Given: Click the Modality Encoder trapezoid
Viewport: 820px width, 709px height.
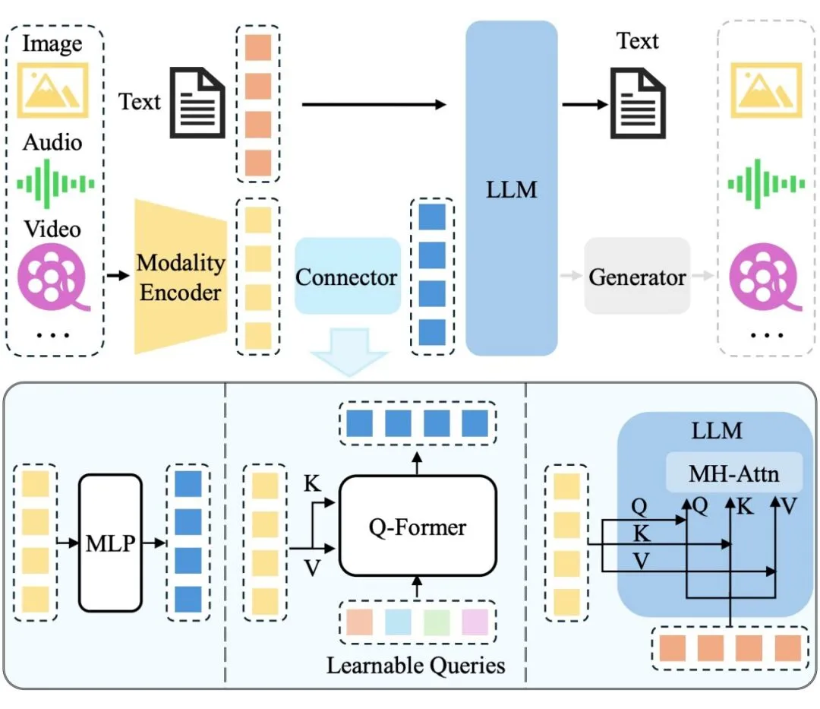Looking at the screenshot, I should tap(180, 277).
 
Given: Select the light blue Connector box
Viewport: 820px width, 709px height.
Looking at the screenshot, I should tap(347, 277).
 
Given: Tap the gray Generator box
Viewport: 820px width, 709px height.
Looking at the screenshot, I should tap(637, 277).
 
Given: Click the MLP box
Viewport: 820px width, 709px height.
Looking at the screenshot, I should tap(110, 543).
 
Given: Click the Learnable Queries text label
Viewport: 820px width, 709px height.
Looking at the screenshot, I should tap(415, 666).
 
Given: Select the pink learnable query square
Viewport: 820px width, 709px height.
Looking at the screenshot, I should tap(475, 622).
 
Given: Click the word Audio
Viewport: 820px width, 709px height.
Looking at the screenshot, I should tap(52, 142).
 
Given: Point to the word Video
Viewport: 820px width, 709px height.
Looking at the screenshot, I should tap(52, 228).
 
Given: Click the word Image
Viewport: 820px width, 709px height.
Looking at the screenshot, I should tap(52, 43).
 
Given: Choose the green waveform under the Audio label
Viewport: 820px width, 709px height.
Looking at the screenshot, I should tap(55, 183).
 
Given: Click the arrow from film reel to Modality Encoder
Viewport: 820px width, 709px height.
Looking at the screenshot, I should tap(117, 276).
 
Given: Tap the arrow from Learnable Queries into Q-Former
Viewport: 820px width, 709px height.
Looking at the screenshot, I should tap(415, 587).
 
